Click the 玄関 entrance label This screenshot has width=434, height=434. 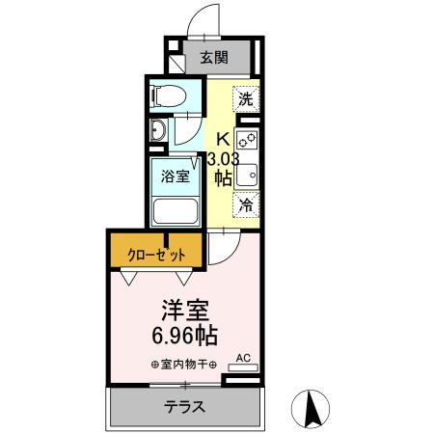click(213, 57)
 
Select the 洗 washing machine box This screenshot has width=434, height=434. click(246, 98)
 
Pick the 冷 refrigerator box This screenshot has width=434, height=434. click(246, 204)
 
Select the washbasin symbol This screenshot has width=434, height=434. click(159, 132)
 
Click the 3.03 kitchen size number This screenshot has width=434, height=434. click(223, 158)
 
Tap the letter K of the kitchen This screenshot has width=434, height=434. click(222, 138)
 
